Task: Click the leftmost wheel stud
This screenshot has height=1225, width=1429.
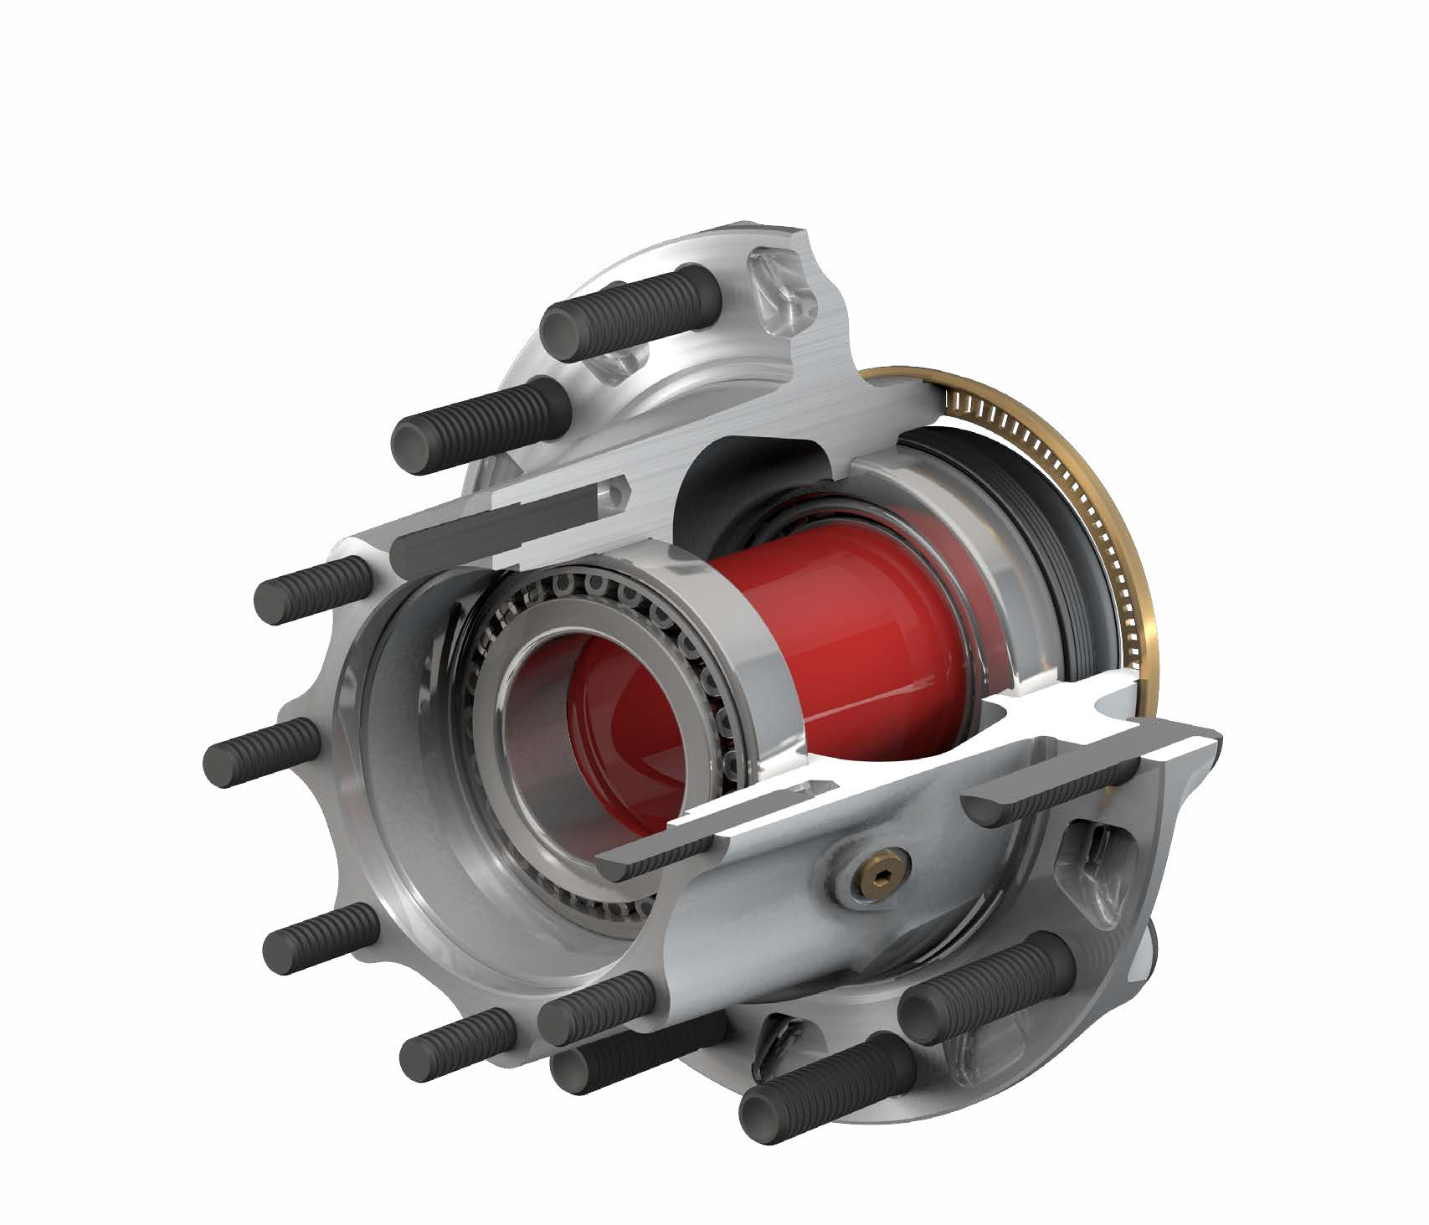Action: pyautogui.click(x=260, y=750)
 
